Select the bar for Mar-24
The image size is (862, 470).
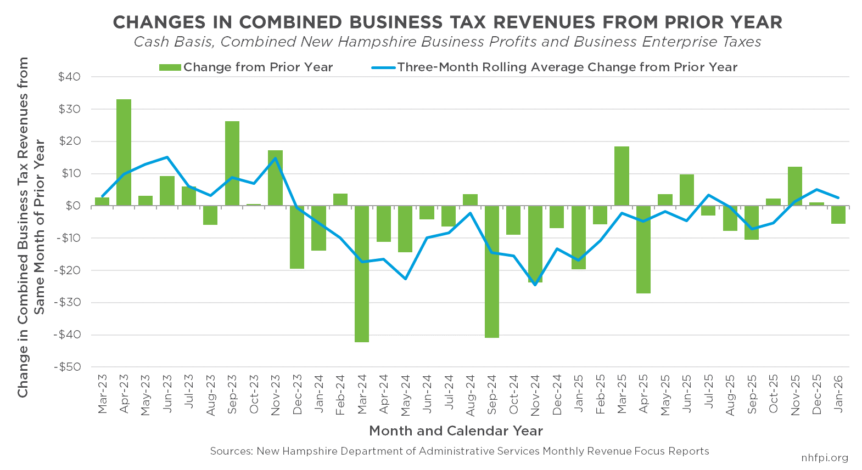(362, 274)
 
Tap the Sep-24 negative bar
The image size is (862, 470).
(492, 271)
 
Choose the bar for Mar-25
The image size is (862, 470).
(622, 176)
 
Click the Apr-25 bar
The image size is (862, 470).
(643, 250)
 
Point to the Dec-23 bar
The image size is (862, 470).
(297, 237)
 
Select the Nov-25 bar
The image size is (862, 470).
(795, 186)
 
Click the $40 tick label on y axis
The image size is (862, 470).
(69, 77)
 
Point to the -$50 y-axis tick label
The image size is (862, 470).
(67, 367)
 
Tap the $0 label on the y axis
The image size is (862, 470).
(72, 206)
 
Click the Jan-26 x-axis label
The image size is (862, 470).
(838, 394)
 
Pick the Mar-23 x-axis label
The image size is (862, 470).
(103, 394)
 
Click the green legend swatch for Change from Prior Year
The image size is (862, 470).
(170, 67)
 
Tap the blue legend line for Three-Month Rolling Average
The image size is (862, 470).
(383, 67)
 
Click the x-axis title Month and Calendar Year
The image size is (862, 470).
(456, 431)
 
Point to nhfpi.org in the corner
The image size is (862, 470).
(825, 457)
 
